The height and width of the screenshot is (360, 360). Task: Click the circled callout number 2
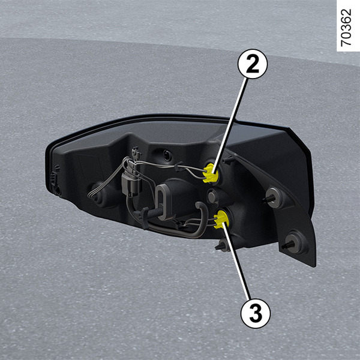pos(253,64)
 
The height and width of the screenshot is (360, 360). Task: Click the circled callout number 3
pos(256,313)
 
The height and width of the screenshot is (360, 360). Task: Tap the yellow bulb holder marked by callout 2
pos(210,173)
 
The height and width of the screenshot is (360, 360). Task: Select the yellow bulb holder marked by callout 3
pos(220,220)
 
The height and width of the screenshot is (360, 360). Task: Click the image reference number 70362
pos(346,28)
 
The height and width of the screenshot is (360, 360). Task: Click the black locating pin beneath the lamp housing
pos(221,245)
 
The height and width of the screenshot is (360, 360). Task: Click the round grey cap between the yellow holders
pos(212,197)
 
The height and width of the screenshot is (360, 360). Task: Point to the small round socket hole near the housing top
pos(167,156)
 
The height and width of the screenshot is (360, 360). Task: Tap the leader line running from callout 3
pos(236,260)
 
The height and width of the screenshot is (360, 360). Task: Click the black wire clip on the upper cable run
pos(179,167)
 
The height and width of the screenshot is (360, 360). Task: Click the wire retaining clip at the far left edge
pos(54,178)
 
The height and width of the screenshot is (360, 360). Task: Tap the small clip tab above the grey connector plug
pos(136,152)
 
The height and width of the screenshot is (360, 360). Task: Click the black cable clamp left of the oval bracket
pos(142,216)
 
